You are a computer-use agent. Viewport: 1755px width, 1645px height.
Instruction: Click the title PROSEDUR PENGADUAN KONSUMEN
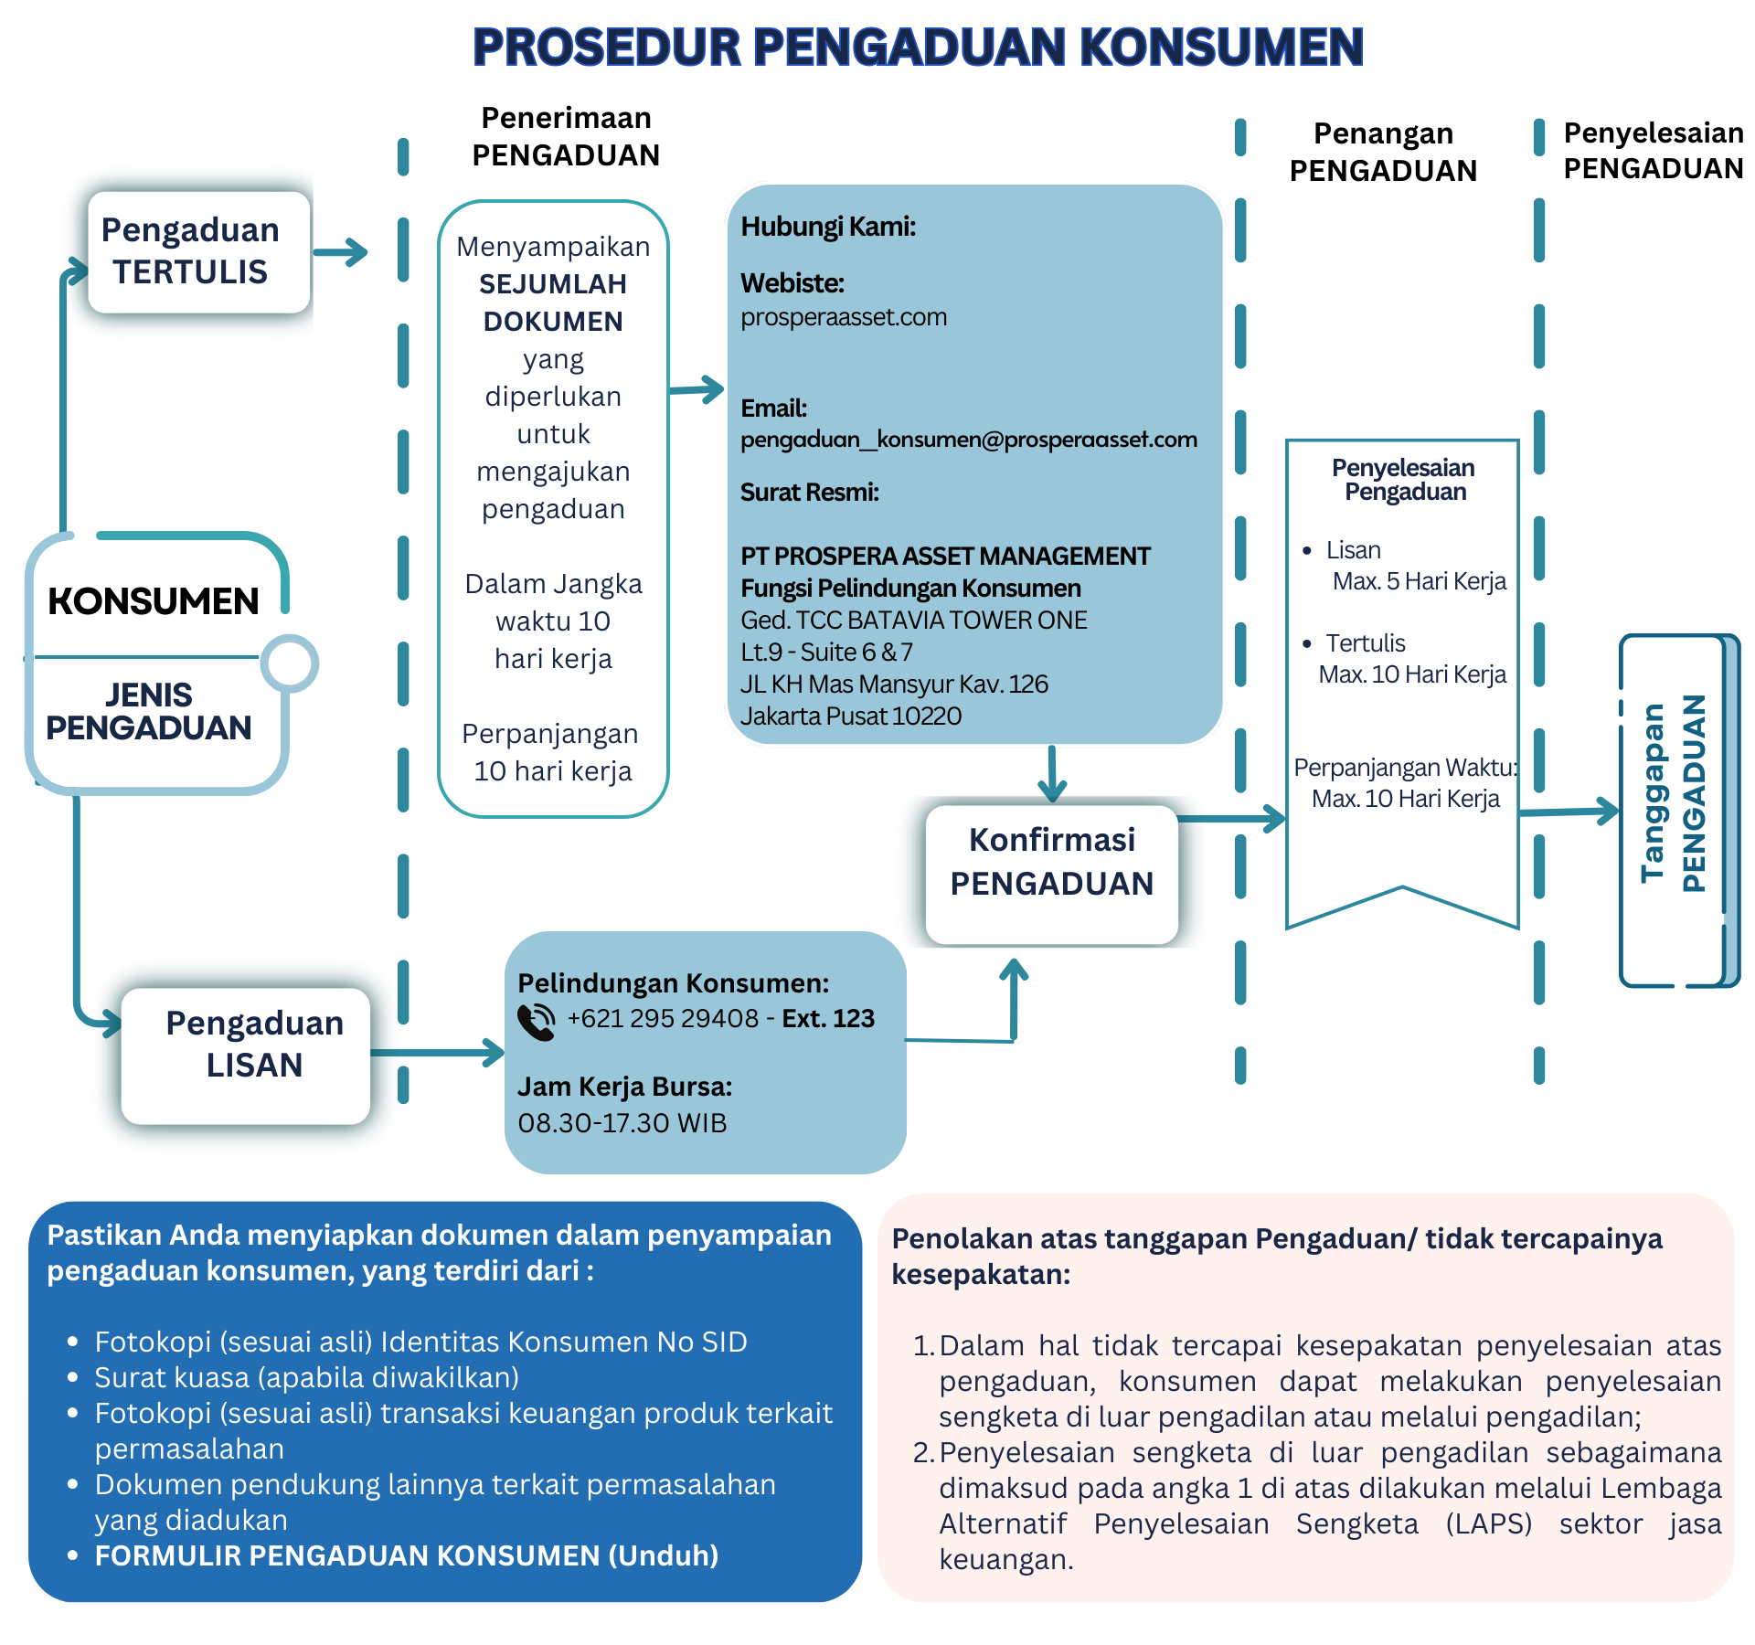tap(918, 48)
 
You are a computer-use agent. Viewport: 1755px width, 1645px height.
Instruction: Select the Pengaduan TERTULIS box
tap(199, 251)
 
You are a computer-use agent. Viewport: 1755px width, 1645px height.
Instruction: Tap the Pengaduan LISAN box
tap(247, 1055)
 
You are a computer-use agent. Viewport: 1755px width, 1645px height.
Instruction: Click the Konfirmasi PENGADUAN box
tap(1051, 873)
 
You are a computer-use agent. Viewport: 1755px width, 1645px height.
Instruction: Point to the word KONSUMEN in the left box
tap(154, 602)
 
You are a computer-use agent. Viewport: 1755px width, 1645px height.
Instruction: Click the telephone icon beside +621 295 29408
tap(537, 1022)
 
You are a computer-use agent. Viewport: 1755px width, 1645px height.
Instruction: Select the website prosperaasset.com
tap(843, 317)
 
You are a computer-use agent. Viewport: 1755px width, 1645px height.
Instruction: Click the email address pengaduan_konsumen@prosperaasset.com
tap(968, 440)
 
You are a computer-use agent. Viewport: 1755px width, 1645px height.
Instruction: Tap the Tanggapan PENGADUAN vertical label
tap(1672, 793)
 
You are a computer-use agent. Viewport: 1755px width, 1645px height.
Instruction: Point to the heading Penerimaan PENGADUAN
tap(566, 137)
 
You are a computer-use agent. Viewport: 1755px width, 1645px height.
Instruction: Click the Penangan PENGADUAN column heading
tap(1383, 152)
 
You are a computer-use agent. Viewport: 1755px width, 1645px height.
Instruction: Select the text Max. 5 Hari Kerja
tap(1419, 581)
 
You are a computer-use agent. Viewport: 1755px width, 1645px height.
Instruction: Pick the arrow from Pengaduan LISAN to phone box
tap(437, 1053)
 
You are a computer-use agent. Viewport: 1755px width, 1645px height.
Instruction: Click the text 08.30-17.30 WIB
tap(622, 1123)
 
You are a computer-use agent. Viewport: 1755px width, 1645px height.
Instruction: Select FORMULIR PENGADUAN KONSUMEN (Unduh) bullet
tap(406, 1555)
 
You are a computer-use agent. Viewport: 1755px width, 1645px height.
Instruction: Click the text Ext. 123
tap(828, 1018)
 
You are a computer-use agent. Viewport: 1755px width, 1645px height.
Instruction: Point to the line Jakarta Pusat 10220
tap(850, 716)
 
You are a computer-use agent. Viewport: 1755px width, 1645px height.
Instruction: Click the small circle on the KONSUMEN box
tap(289, 663)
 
